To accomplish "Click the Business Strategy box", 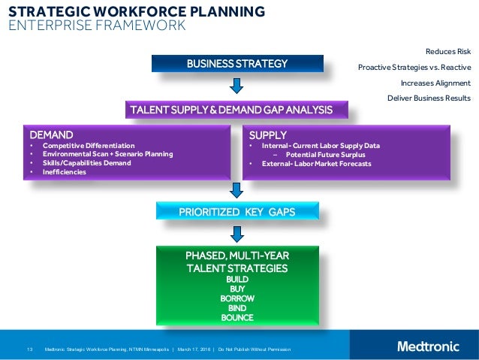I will (237, 64).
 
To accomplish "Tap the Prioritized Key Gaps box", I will (236, 212).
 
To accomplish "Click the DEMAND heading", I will (47, 135).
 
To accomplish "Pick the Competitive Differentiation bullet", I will (89, 145).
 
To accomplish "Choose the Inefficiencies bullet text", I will (65, 172).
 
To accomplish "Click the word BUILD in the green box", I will (237, 279).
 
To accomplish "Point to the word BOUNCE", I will (237, 318).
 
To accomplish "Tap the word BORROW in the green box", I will (237, 298).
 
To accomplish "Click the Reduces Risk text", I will (448, 51).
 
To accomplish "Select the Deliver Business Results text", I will (429, 98).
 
